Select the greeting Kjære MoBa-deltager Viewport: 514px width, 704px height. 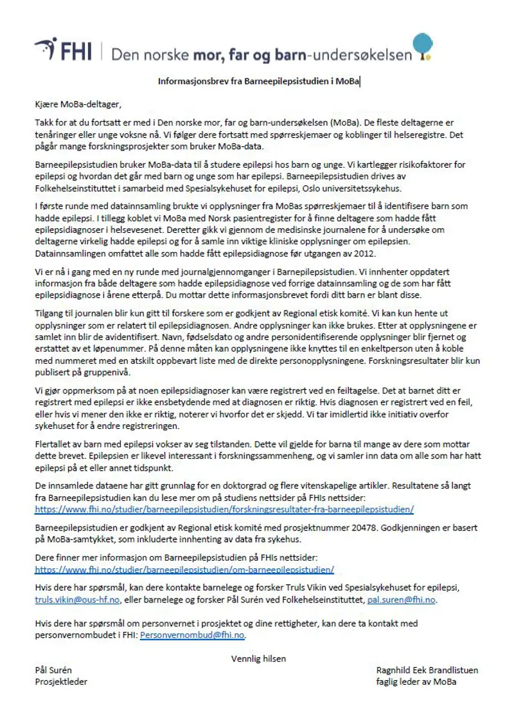[78, 104]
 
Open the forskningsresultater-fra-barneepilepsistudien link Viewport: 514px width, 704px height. [224, 509]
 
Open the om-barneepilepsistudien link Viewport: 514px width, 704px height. [184, 569]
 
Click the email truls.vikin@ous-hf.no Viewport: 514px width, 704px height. [78, 599]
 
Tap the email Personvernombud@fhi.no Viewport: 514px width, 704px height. [192, 635]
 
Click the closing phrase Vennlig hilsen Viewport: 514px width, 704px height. [258, 658]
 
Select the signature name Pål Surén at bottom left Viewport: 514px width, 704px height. [53, 670]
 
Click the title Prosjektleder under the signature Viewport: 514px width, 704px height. [61, 681]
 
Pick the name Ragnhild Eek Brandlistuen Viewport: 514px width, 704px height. [427, 670]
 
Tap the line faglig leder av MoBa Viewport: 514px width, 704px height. [416, 681]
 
